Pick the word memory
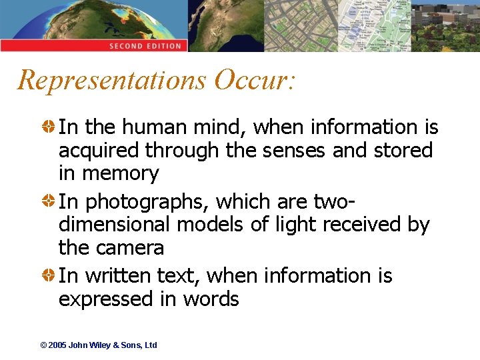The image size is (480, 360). click(120, 175)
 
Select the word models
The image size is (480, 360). click(211, 225)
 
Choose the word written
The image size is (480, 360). click(118, 275)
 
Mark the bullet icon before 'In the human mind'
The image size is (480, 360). click(50, 127)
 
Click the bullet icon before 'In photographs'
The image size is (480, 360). click(50, 201)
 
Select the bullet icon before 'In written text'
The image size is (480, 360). click(50, 275)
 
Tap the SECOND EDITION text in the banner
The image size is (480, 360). click(145, 46)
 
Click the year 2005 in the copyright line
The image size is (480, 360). click(57, 345)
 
